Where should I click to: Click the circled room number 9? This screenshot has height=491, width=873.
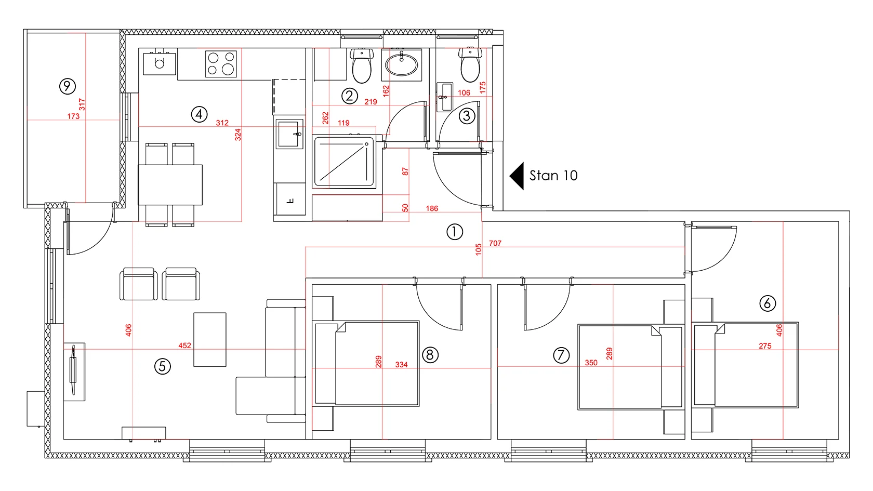click(67, 86)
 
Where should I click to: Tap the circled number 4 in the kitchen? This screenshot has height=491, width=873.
click(199, 114)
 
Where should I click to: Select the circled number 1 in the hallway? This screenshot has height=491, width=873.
click(454, 232)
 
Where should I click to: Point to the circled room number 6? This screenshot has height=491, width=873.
click(768, 303)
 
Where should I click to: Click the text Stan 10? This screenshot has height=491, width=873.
click(553, 176)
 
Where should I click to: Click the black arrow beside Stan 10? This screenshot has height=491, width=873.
click(517, 176)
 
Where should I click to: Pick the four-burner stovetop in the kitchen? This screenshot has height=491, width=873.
click(221, 64)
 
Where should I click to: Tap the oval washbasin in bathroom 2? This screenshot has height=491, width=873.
click(401, 64)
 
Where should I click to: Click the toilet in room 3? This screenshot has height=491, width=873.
click(470, 64)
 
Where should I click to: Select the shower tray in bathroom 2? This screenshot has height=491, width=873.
click(344, 162)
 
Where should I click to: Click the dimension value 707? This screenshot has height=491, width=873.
click(495, 243)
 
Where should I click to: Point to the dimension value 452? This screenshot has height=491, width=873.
click(185, 345)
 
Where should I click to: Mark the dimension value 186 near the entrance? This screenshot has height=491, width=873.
click(432, 208)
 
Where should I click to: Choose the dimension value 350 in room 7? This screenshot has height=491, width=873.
click(591, 363)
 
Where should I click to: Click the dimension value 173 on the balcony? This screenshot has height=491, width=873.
click(73, 116)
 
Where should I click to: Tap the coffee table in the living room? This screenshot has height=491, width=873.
click(210, 339)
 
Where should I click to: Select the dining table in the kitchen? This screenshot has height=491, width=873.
click(170, 185)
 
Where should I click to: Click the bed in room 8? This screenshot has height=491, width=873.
click(367, 364)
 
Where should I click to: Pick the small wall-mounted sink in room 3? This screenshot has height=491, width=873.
click(444, 97)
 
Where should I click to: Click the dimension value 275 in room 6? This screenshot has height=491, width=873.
click(765, 346)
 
